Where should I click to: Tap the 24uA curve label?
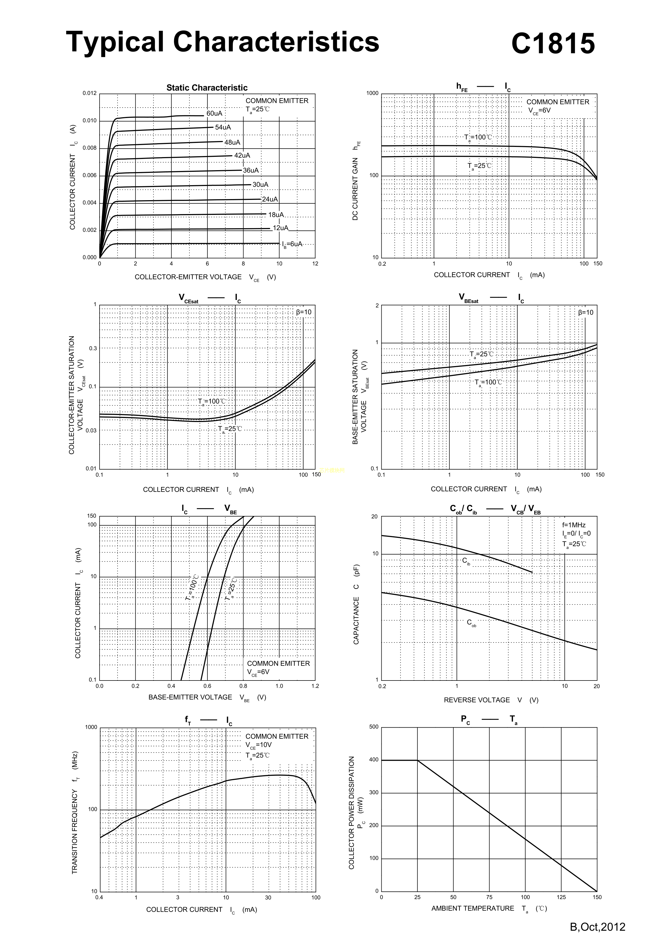point(270,199)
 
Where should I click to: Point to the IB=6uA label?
point(292,244)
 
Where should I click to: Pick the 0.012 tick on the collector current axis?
point(90,93)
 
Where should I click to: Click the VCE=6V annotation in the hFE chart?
point(539,111)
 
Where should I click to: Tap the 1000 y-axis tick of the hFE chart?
point(372,93)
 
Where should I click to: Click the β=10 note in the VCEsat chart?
point(303,312)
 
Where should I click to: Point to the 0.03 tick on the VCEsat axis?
point(91,430)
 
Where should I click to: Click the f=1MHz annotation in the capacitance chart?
point(574,525)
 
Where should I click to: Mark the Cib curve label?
point(466,561)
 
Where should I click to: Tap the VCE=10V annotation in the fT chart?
point(258,745)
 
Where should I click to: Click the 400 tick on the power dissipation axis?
point(374,760)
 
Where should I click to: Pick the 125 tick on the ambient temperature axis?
point(561,897)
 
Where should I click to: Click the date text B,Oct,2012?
point(597,926)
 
